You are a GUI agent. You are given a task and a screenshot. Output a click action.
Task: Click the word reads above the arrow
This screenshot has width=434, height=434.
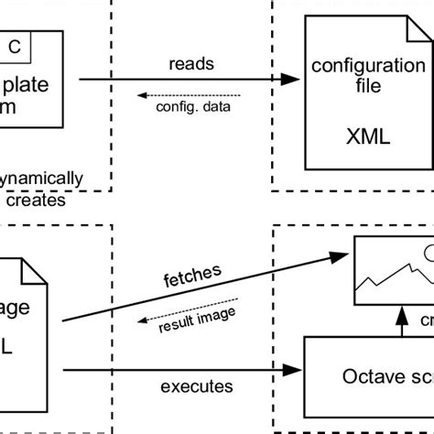(x=191, y=65)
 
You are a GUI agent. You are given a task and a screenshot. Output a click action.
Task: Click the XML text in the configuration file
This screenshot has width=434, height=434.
(x=367, y=137)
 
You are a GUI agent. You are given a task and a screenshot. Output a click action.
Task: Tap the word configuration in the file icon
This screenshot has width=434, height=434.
(x=368, y=66)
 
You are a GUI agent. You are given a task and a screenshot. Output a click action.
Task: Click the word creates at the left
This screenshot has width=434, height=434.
(x=35, y=199)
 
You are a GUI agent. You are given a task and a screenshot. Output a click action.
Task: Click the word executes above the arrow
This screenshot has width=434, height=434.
(x=194, y=386)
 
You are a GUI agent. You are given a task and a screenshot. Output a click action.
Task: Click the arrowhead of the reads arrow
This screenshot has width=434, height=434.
(x=292, y=81)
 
